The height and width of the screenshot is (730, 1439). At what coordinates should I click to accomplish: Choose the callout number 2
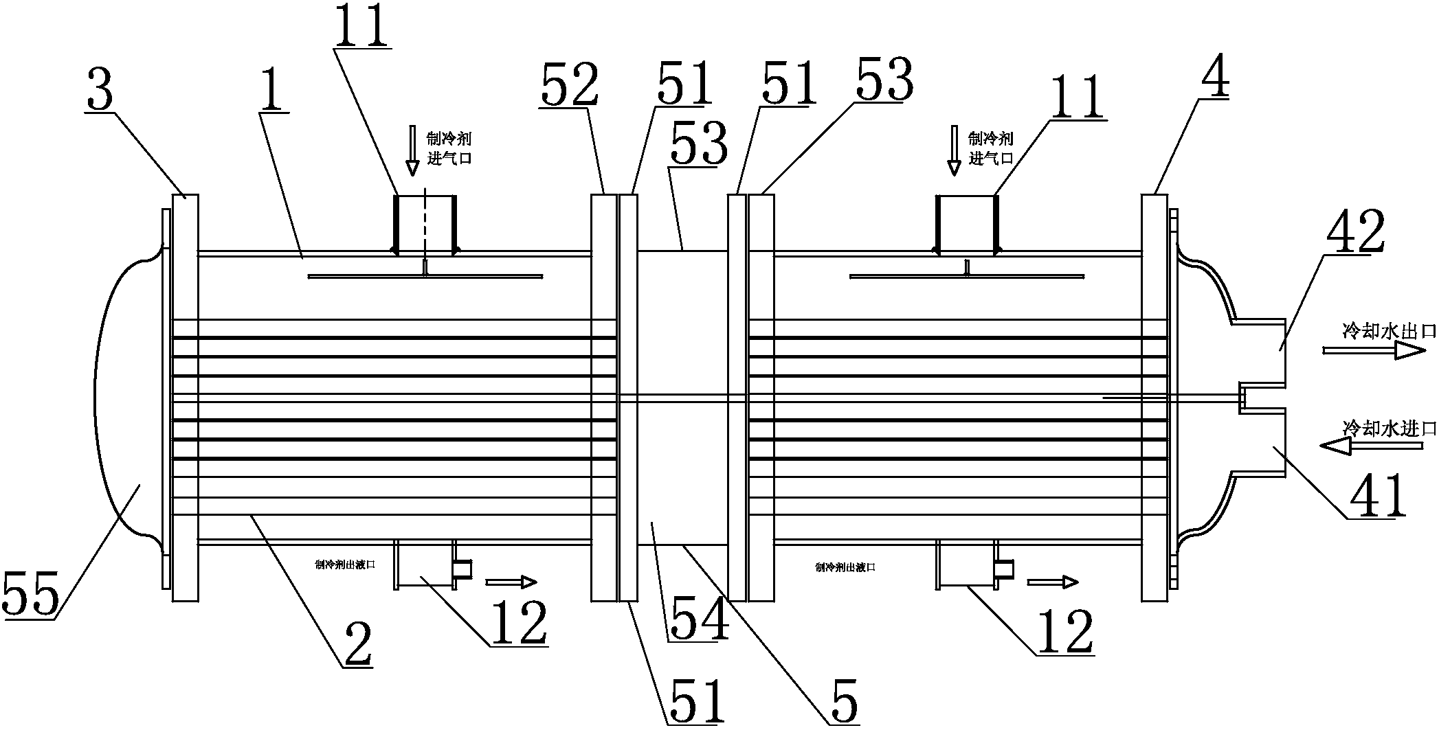(x=359, y=645)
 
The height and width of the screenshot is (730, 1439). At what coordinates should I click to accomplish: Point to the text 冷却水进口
(x=1389, y=429)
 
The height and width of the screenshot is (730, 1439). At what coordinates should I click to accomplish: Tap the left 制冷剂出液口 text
(x=344, y=567)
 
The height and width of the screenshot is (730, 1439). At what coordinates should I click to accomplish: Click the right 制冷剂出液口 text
(x=845, y=567)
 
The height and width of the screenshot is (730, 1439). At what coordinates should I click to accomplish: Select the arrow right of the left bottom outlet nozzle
(x=511, y=582)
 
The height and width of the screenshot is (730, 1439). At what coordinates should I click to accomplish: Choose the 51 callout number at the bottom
(x=695, y=701)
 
